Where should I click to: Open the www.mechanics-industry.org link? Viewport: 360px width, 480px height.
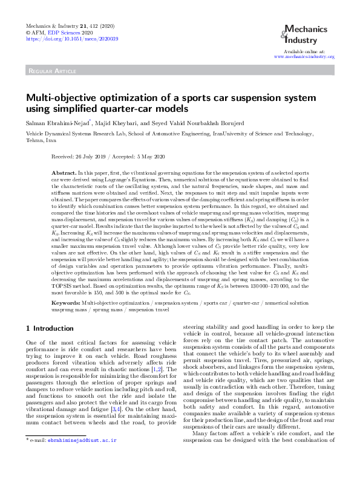coord(304,57)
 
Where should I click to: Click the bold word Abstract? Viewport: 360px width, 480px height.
coord(64,173)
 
